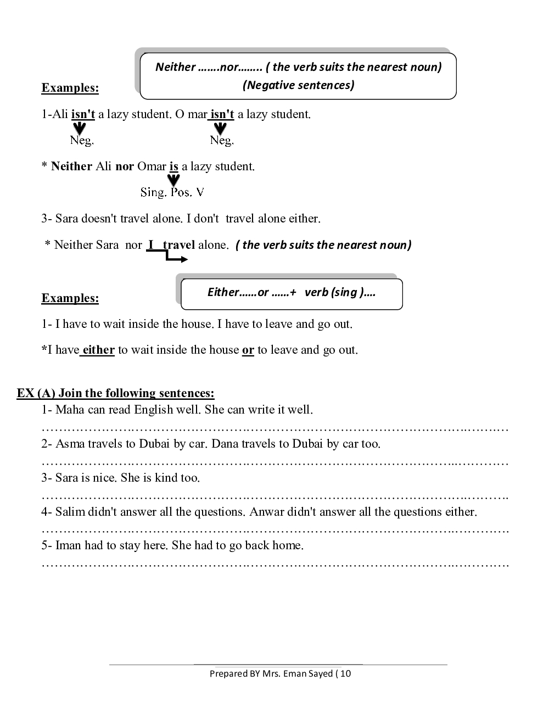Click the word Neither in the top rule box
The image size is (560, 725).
tap(175, 67)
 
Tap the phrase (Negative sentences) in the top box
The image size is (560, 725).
tap(298, 85)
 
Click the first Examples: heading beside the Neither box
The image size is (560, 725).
tap(70, 88)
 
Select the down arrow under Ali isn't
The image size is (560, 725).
tap(80, 129)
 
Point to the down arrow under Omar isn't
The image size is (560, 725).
tap(220, 129)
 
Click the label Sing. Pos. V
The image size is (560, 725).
tap(172, 192)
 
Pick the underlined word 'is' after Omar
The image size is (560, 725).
tap(174, 166)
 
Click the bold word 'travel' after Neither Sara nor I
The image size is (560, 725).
tap(179, 245)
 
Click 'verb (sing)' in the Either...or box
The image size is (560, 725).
tap(339, 292)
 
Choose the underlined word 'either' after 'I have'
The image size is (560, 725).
tap(98, 350)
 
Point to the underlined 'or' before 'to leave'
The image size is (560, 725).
tap(248, 350)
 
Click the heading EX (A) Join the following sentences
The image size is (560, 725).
tap(116, 393)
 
